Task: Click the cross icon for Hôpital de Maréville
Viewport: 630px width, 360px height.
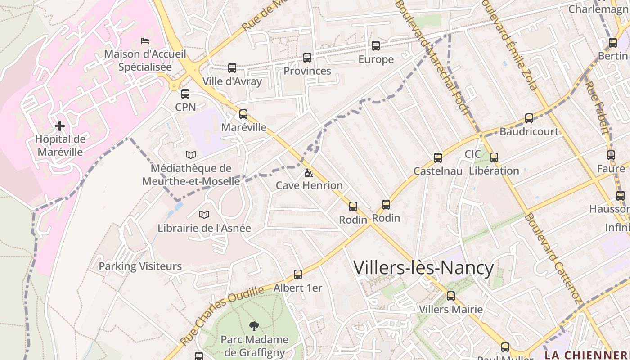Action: click(60, 126)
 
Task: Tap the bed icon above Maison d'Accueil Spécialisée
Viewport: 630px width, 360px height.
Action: click(144, 41)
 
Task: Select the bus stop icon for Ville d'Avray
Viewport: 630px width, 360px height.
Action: click(232, 68)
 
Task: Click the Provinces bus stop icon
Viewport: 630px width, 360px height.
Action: click(307, 58)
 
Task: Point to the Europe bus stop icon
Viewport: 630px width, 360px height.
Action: click(376, 46)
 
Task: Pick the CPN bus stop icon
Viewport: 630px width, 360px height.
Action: click(185, 94)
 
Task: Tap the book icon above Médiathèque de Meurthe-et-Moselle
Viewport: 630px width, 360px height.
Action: click(191, 155)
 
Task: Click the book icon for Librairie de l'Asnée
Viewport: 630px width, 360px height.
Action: click(204, 215)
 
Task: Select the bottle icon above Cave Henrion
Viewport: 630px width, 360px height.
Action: click(309, 173)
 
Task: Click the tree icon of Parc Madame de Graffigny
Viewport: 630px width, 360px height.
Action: click(254, 326)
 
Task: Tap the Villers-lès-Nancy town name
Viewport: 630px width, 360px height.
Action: click(423, 268)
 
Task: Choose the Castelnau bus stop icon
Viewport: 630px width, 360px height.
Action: click(438, 158)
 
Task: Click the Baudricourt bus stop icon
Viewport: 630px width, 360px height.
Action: click(529, 118)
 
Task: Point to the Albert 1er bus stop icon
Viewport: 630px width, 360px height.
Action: click(298, 274)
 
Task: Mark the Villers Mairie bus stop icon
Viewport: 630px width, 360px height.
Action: click(451, 296)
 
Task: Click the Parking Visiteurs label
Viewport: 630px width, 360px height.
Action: click(140, 266)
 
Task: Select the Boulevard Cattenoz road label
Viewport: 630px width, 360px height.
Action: click(553, 259)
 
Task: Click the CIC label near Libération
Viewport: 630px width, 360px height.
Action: click(472, 154)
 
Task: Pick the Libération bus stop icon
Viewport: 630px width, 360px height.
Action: click(494, 157)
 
